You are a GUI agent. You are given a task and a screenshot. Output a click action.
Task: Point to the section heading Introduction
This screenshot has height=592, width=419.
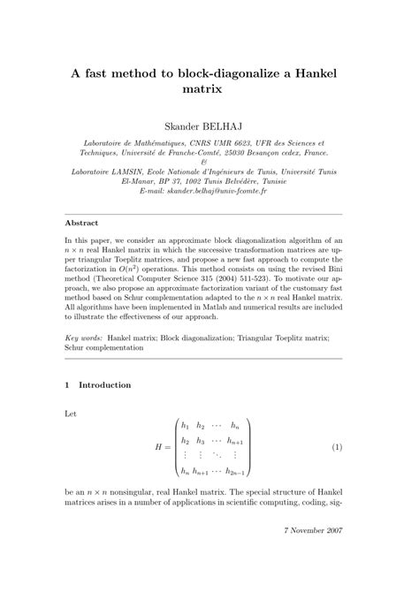pyautogui.click(x=104, y=385)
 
